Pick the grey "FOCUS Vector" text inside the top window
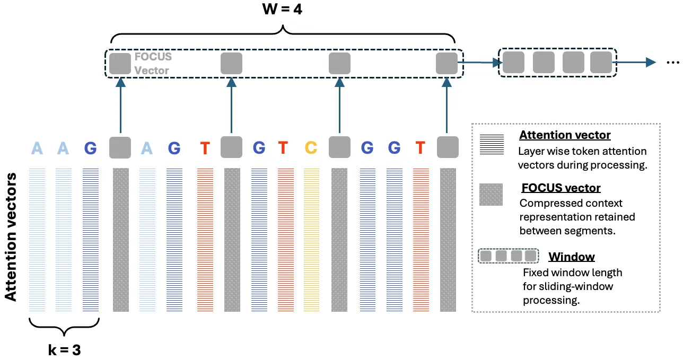tap(153, 63)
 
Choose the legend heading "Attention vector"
tap(565, 135)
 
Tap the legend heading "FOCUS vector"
tap(561, 188)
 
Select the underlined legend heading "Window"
tap(571, 257)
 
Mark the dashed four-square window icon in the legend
tap(508, 256)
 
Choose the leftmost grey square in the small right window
tap(513, 63)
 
